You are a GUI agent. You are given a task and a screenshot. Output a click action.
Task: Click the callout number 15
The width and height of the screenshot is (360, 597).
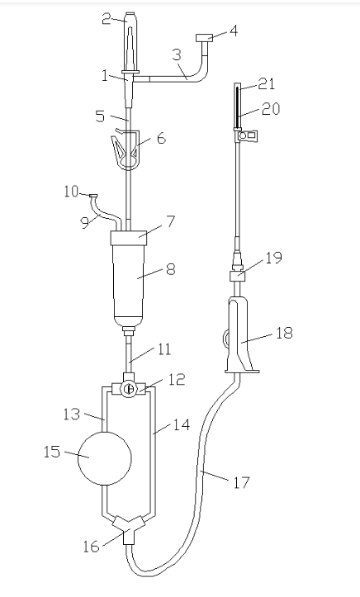52,452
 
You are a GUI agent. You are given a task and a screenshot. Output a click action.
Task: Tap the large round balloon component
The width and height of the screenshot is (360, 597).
105,458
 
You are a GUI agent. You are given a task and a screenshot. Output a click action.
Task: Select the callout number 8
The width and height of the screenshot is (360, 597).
171,269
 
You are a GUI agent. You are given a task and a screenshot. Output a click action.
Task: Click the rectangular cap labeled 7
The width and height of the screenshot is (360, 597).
128,238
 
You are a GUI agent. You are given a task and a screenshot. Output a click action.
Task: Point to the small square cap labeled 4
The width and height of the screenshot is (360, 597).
204,38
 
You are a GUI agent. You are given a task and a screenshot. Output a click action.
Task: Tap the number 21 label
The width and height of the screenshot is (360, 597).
267,83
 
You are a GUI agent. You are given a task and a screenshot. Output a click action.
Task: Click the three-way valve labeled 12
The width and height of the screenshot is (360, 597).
129,390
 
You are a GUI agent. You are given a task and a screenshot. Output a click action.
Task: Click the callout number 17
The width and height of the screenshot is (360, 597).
241,483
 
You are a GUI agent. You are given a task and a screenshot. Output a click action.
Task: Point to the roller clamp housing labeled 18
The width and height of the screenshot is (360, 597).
239,336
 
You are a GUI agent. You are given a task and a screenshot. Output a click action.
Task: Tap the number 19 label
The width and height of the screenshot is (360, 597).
273,258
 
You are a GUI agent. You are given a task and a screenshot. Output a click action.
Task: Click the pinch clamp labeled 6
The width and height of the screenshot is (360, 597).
126,149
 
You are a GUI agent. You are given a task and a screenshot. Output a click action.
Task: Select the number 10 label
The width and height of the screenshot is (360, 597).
71,191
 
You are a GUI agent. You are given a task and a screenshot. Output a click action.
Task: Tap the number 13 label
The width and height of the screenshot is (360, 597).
72,414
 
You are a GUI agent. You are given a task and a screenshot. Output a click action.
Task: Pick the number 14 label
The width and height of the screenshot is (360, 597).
181,424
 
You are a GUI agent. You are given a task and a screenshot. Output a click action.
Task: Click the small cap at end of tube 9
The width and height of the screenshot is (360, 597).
93,196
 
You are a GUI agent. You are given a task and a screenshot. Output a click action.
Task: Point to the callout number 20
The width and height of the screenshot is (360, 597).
271,109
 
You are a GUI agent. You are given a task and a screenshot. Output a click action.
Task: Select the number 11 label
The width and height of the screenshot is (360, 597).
164,349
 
